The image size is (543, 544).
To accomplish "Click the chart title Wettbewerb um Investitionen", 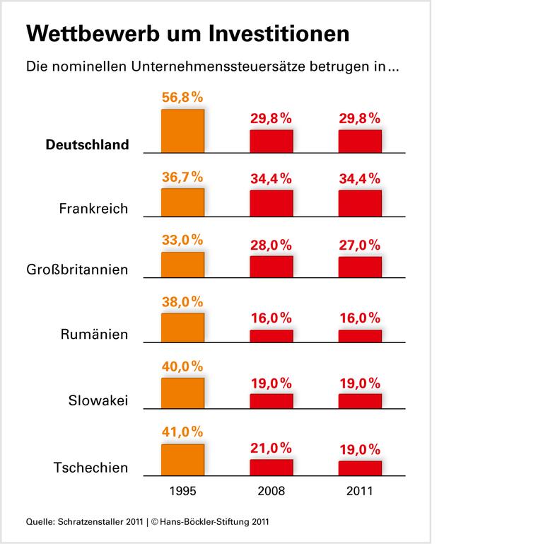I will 187,34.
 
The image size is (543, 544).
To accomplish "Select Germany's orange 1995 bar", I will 182,131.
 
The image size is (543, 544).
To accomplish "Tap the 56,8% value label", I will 182,98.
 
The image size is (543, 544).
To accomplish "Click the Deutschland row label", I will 87,145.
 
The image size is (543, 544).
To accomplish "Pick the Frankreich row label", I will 94,209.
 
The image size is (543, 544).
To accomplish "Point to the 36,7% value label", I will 182,177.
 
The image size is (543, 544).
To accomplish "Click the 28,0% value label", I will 271,244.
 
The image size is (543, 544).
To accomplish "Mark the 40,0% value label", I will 182,366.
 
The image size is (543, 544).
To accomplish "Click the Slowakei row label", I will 98,400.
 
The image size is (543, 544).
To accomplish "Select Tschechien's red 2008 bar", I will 271,466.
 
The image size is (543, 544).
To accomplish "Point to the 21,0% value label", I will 271,448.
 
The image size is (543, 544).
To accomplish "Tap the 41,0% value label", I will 182,432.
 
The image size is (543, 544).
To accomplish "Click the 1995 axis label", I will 182,489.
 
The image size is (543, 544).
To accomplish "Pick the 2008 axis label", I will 271,489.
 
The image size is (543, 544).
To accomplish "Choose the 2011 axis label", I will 360,489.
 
